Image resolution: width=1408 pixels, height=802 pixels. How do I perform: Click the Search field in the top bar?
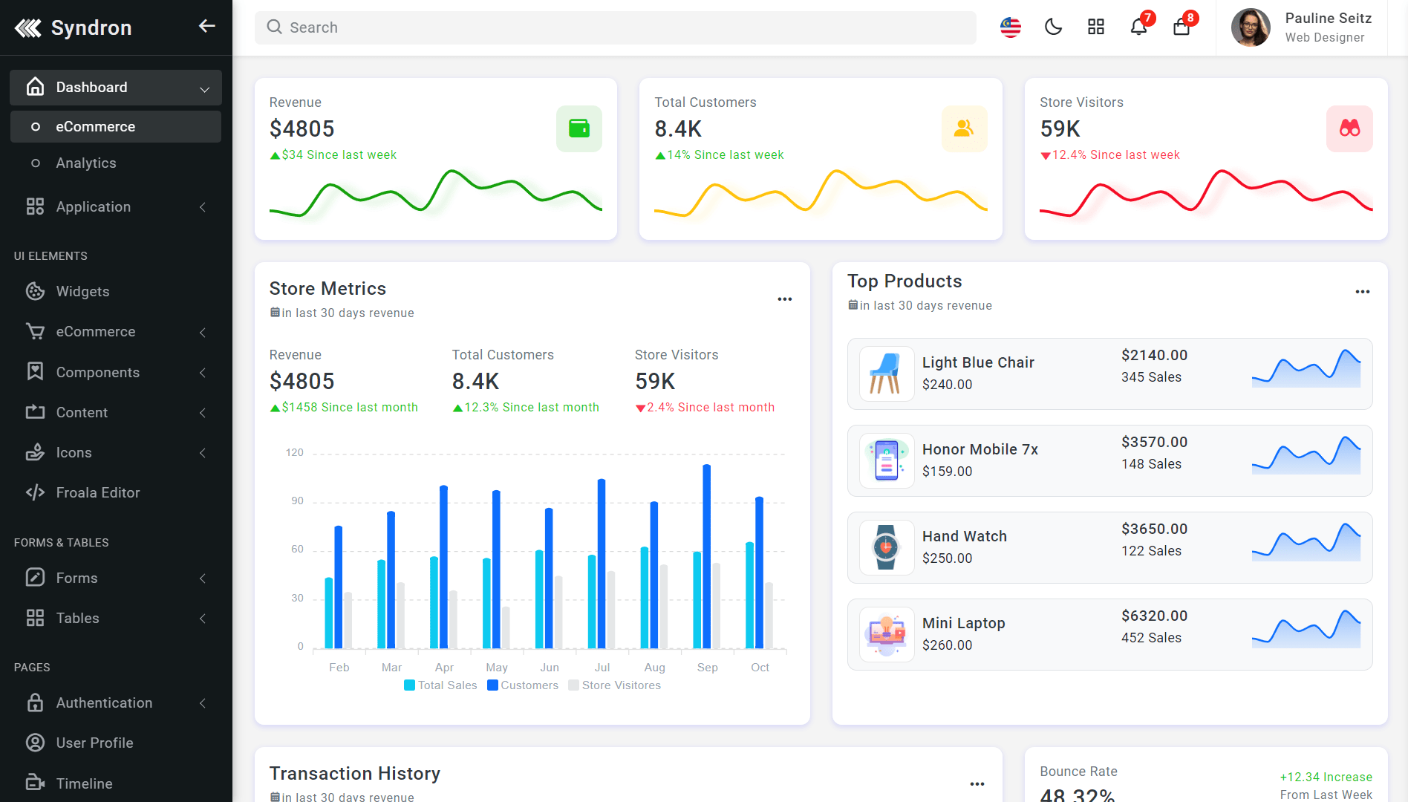click(615, 27)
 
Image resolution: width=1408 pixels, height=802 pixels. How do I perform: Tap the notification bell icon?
click(1138, 27)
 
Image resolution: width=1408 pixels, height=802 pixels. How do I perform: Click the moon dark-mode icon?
click(1053, 27)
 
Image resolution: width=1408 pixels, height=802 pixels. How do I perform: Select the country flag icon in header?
click(1011, 27)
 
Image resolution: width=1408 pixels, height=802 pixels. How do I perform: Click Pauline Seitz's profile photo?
click(1251, 27)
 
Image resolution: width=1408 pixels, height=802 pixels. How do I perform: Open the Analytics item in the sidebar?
click(86, 163)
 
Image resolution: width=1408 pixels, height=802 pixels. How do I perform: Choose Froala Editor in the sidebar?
click(98, 493)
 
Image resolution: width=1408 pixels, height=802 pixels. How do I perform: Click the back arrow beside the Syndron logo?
click(206, 27)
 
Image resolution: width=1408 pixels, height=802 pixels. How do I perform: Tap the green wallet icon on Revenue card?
click(579, 128)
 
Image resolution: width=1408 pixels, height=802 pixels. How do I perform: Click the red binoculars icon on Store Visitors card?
click(1349, 128)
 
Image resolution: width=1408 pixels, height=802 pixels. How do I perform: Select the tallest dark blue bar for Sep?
click(707, 556)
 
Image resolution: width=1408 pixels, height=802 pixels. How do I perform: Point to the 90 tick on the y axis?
click(297, 501)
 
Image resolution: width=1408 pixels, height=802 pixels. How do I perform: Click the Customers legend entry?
click(523, 685)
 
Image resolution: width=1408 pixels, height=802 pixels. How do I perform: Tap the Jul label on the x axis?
click(602, 668)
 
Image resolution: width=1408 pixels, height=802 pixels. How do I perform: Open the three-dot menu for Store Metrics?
click(785, 299)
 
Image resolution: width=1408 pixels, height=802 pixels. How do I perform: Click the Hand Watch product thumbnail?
click(887, 548)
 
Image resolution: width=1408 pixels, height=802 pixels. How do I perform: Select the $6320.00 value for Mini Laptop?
click(1155, 616)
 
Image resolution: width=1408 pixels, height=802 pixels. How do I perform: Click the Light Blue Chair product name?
click(978, 362)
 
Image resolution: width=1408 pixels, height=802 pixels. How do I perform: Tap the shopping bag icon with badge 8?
click(1182, 27)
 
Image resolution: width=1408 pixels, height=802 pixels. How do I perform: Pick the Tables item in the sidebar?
click(77, 619)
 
